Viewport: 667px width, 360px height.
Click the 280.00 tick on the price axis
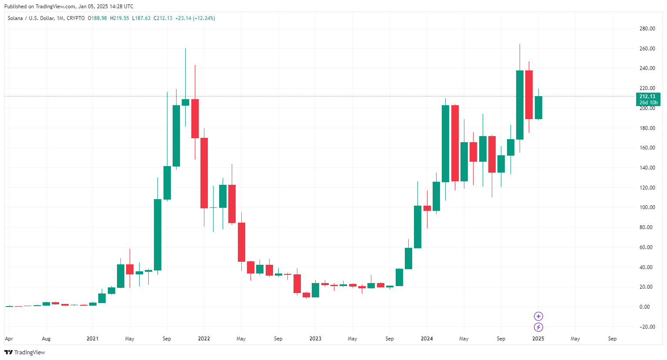coord(647,29)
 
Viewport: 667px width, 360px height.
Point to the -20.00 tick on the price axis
coord(647,327)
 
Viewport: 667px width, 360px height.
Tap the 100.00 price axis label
coord(647,207)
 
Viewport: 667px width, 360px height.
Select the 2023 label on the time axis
coord(315,339)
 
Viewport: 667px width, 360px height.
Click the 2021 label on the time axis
coord(93,339)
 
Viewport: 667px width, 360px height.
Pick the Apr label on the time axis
coord(9,339)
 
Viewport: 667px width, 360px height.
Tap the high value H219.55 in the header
coord(120,18)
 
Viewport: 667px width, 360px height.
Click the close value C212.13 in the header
coord(163,18)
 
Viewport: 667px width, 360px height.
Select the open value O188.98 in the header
coord(97,18)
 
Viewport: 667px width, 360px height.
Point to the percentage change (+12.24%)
coord(204,18)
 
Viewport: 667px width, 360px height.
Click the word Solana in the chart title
coord(15,18)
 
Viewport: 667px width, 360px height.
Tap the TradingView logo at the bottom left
coord(25,352)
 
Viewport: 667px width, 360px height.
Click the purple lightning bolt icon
coord(538,327)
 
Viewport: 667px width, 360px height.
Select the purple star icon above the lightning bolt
coord(538,317)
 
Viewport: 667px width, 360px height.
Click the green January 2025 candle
coord(538,107)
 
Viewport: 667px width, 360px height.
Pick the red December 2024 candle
coord(529,95)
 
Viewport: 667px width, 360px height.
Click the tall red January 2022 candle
coord(204,173)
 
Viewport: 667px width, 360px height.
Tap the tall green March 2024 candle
coord(445,143)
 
